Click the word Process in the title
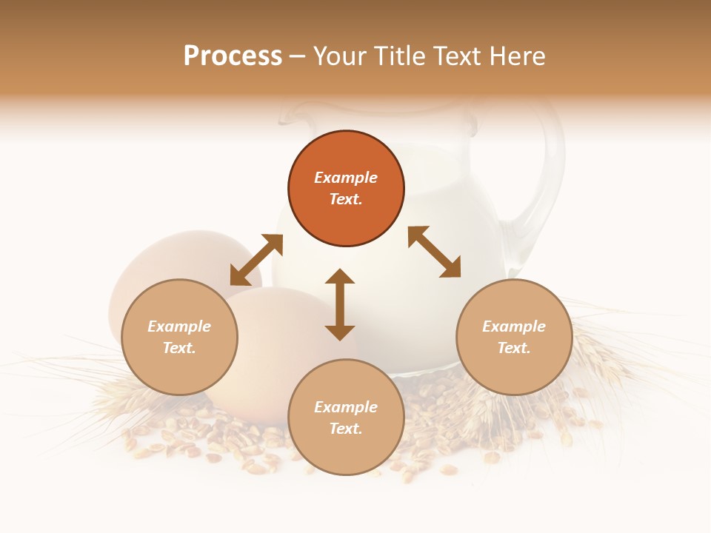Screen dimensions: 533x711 (233, 56)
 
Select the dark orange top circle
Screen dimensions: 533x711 (346, 189)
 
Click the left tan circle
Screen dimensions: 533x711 (179, 337)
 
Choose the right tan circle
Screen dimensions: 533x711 (514, 337)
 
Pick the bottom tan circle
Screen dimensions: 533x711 (346, 417)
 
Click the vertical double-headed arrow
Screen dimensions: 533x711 (340, 304)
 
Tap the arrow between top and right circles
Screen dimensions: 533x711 (434, 252)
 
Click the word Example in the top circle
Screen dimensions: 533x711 (346, 178)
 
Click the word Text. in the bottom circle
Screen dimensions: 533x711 (346, 429)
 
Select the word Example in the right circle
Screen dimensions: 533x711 (514, 326)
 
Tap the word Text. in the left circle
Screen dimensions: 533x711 (179, 348)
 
